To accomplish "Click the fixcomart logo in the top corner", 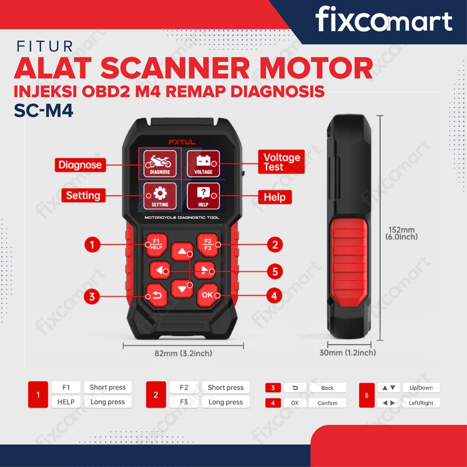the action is (384, 19).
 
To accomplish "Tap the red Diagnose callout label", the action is (80, 165).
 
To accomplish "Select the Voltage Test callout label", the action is (281, 162).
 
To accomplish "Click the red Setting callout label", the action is (83, 195).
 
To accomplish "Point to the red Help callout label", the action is (275, 197).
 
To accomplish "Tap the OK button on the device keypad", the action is (207, 295).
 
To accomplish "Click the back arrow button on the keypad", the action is (157, 295).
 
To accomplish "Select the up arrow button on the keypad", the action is (182, 251).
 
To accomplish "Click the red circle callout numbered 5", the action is (275, 271).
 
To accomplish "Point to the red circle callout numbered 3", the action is (92, 297).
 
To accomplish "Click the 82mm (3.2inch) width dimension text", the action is (183, 353).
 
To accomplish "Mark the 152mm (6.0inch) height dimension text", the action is (402, 233).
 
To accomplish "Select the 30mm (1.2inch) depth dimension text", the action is (348, 353).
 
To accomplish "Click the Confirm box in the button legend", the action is (327, 403).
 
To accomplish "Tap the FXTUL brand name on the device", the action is (182, 142).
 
